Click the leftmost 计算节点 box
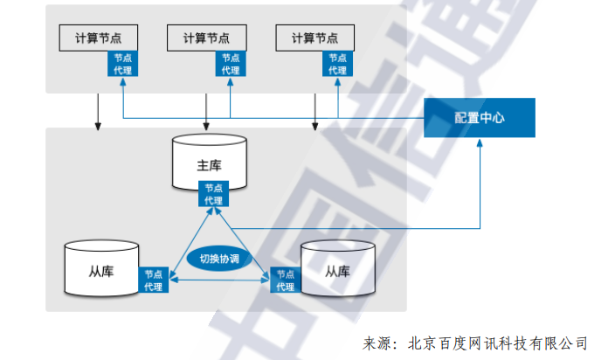coord(98,38)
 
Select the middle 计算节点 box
coord(206,38)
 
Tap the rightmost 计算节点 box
coord(314,38)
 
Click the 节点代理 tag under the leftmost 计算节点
coord(121,63)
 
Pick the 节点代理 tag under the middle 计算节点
coord(230,63)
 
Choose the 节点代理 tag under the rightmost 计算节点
coord(337,63)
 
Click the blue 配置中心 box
coord(479,117)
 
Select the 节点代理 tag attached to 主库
coord(214,193)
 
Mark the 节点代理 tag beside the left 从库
coord(154,280)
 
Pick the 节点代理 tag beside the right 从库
coord(285,280)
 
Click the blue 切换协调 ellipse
coord(219,259)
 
